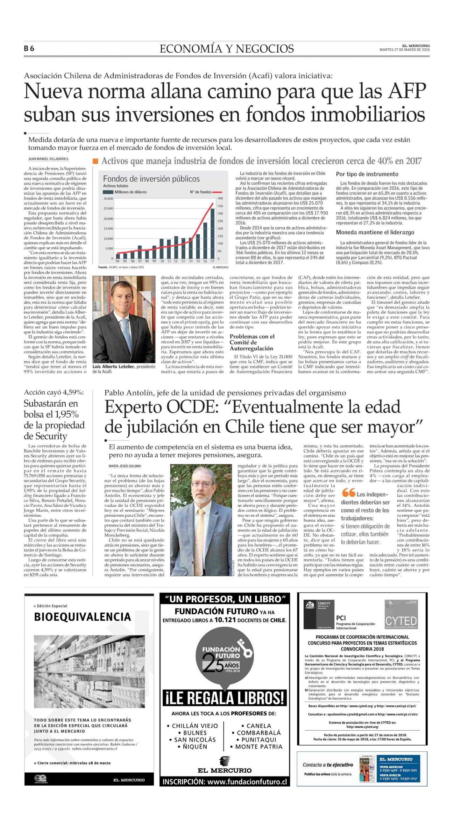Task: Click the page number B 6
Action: (29, 48)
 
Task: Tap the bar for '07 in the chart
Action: (139, 252)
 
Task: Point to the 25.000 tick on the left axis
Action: (108, 209)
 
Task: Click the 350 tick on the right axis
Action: (220, 206)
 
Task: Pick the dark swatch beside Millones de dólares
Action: (108, 192)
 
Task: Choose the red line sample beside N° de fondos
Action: (217, 192)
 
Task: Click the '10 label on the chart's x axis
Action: (162, 261)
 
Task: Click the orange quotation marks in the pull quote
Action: (349, 493)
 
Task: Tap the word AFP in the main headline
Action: (407, 91)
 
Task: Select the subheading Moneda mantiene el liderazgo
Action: (375, 232)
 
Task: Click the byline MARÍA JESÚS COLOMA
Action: (125, 466)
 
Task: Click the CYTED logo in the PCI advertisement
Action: (401, 620)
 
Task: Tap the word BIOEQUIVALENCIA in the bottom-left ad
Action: (82, 617)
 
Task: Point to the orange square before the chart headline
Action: (95, 161)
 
